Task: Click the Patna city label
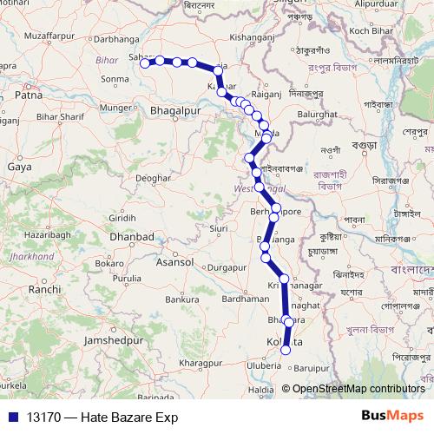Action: point(28,96)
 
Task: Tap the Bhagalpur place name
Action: point(176,112)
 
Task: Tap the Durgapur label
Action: point(227,268)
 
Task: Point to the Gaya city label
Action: point(18,165)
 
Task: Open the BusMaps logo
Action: point(391,416)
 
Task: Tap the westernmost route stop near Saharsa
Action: point(145,61)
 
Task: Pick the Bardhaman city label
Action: point(246,298)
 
